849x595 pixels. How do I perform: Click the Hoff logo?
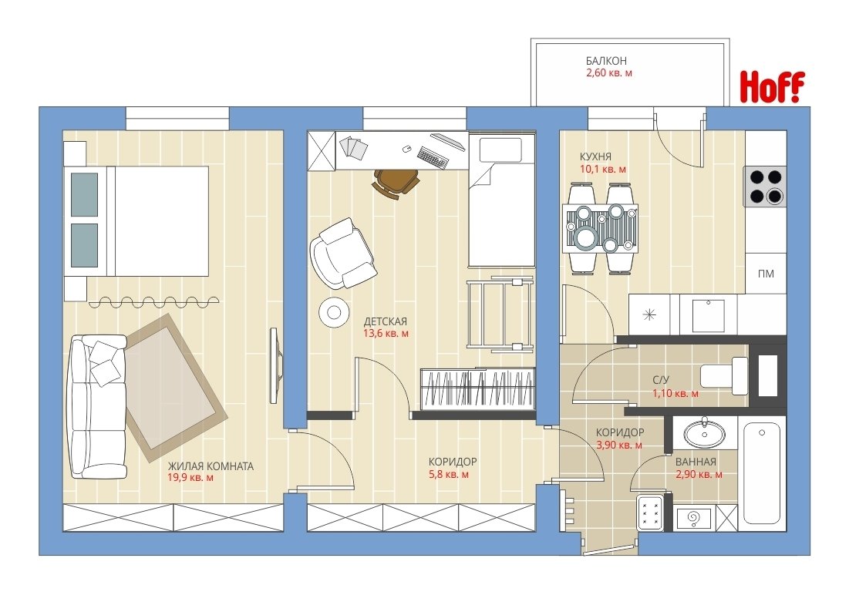[772, 86]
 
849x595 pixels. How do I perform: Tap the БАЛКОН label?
[606, 61]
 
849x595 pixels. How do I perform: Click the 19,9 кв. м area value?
[191, 478]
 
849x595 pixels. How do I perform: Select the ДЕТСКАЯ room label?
[385, 321]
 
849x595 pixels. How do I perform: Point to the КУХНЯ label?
[595, 157]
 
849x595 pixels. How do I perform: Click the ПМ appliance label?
[766, 274]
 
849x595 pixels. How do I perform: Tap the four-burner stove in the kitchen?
[764, 187]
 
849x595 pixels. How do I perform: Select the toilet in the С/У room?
[724, 375]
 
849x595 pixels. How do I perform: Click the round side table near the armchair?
[334, 312]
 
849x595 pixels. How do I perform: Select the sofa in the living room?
[98, 406]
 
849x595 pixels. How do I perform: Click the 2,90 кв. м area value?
[699, 475]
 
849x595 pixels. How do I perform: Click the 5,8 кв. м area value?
[449, 475]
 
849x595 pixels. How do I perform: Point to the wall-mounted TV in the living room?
[276, 365]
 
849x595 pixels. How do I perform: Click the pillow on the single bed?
[501, 150]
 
